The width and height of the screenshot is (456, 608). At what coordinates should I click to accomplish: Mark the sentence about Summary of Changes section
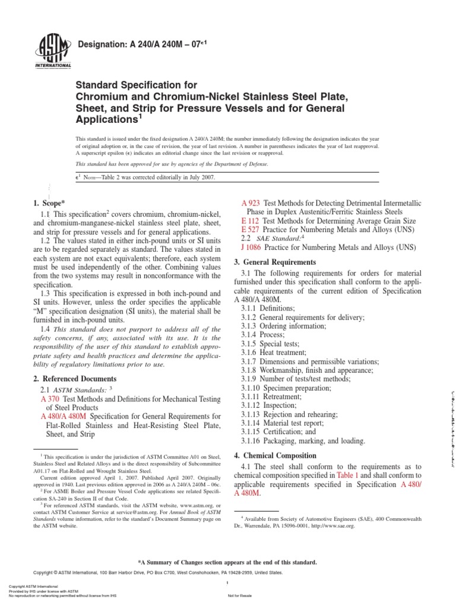click(227, 562)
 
